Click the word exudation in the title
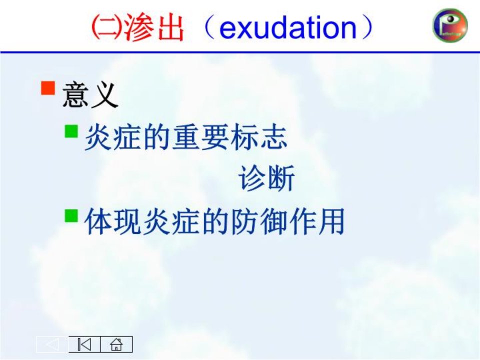(288, 28)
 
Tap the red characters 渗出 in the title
(154, 27)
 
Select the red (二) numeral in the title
(107, 28)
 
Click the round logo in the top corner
(450, 25)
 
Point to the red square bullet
(48, 88)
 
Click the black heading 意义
(90, 95)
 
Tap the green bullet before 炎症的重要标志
(71, 131)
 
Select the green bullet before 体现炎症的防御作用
(71, 216)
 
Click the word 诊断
(266, 177)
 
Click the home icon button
(116, 344)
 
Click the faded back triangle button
(52, 344)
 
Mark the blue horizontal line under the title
(240, 52)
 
